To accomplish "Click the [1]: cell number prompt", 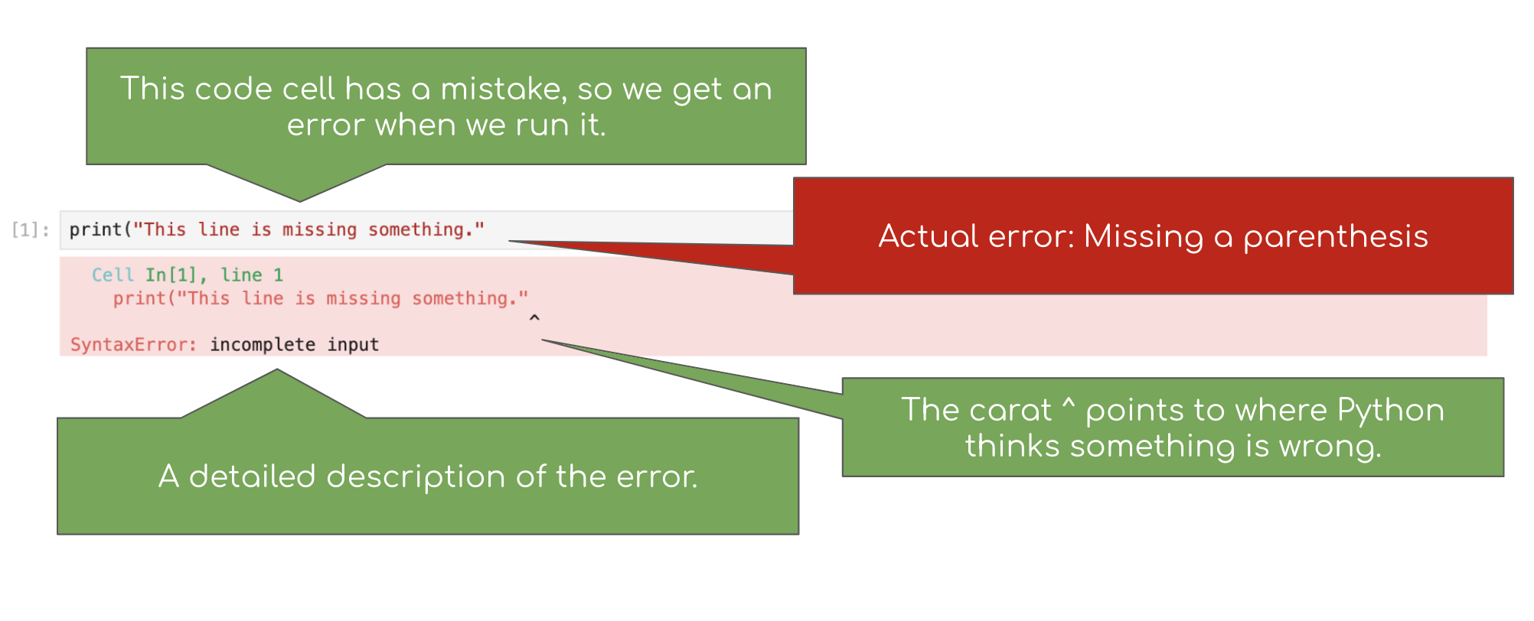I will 31,230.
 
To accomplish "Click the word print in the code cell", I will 96,230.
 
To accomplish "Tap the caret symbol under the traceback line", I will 534,317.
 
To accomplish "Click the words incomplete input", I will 295,345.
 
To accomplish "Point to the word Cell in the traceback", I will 113,275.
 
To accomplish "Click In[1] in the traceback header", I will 171,275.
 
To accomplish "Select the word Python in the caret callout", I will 1390,411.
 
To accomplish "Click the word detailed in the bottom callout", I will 252,476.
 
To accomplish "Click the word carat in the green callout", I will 1013,411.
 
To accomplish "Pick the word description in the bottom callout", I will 416,477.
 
